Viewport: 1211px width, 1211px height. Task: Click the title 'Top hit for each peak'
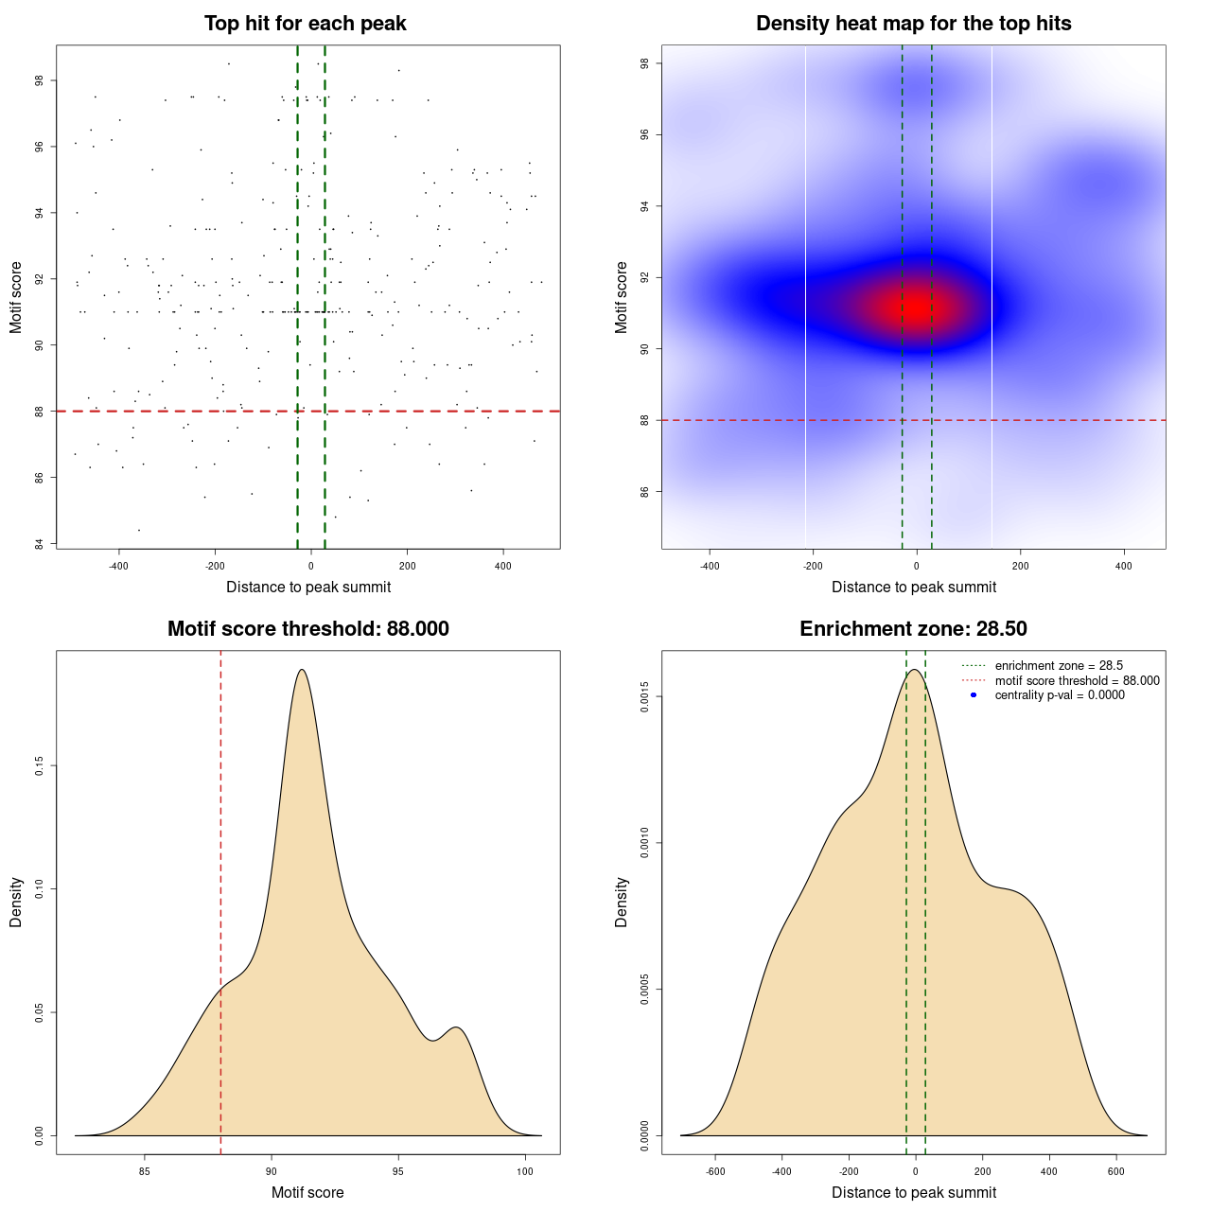tap(305, 24)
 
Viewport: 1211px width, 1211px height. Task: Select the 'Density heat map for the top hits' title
tap(913, 24)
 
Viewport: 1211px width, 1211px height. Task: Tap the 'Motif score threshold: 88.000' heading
tap(307, 629)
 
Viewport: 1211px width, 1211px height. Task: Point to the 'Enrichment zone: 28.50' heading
tap(913, 629)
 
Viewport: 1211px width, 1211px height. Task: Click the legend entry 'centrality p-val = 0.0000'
tap(1060, 695)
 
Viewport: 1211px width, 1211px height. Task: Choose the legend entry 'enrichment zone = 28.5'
tap(1059, 666)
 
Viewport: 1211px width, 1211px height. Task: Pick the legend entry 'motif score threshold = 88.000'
tap(1077, 681)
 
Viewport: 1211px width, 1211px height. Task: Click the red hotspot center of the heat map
tap(916, 307)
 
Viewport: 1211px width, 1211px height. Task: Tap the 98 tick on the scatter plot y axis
tap(40, 80)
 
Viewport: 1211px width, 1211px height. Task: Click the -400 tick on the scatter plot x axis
tap(118, 566)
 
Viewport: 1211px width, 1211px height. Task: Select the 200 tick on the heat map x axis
tap(1020, 566)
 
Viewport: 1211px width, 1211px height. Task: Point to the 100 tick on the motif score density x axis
tap(524, 1171)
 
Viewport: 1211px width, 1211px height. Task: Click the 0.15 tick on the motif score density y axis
tap(40, 765)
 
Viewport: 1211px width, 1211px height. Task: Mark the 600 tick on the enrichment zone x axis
tap(1116, 1171)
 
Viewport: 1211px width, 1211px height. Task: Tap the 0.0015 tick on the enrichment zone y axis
tap(645, 697)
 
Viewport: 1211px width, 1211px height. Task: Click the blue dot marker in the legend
tap(974, 695)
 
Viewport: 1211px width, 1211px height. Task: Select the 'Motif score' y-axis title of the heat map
tap(622, 297)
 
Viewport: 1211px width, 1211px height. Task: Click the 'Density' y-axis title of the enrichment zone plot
tap(622, 902)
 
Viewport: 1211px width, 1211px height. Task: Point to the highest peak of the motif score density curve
tap(302, 670)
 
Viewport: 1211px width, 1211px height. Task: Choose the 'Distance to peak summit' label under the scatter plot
tap(308, 588)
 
